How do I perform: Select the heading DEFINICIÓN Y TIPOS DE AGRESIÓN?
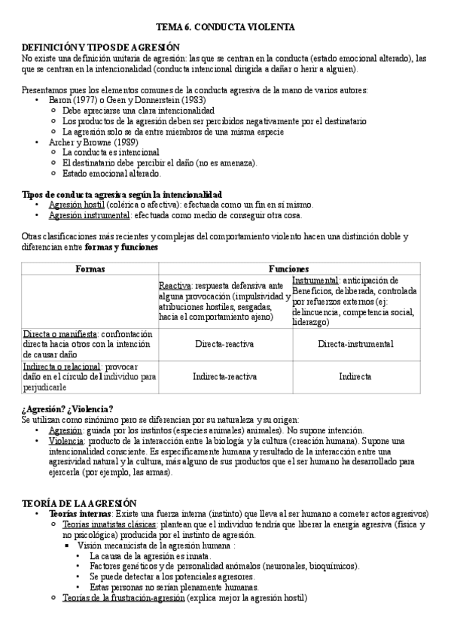(x=99, y=47)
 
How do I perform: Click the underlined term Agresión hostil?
(x=76, y=205)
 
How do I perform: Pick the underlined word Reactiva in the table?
(x=175, y=287)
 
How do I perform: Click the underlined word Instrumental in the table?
(x=315, y=279)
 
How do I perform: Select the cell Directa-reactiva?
(x=225, y=344)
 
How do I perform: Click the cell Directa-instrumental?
(x=355, y=344)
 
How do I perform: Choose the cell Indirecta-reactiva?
(x=225, y=376)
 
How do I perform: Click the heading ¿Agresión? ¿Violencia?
(x=69, y=409)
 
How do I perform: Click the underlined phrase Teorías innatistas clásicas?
(x=100, y=524)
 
